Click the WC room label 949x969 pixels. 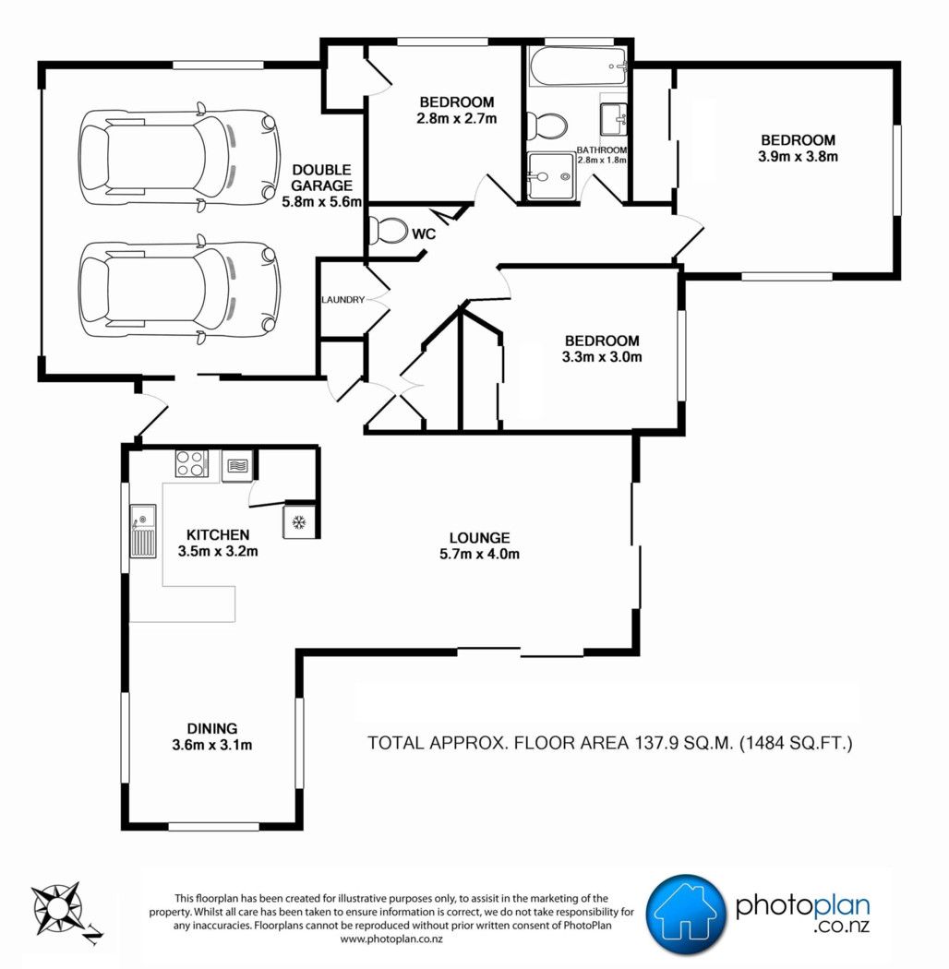pos(424,233)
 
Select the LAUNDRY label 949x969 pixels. pos(343,300)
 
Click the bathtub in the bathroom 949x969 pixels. pos(579,66)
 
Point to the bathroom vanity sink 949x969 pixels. pos(614,119)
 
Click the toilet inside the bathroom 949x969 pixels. pos(546,126)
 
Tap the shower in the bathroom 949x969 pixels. pos(551,177)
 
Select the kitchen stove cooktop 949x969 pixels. pos(192,463)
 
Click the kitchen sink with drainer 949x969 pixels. pos(143,531)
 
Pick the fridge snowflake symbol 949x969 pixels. pos(299,522)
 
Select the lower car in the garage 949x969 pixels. pos(179,289)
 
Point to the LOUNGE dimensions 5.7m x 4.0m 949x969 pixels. pos(480,555)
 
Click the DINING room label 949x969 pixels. pos(212,729)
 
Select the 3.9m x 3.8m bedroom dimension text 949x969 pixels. pos(799,156)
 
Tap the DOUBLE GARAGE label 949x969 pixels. pos(321,177)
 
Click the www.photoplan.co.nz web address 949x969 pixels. pos(391,939)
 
